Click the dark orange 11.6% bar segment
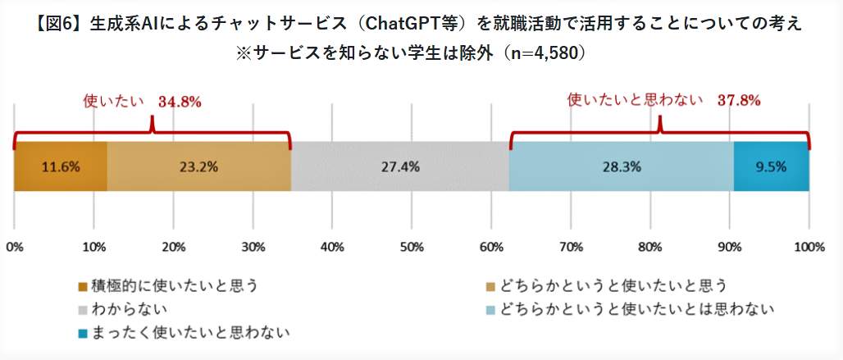(60, 166)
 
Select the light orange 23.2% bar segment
(199, 166)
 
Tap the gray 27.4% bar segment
(400, 166)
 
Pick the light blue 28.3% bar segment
(621, 166)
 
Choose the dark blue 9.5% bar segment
(771, 166)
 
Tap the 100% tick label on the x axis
(809, 247)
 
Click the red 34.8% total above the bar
(180, 102)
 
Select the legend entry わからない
(131, 309)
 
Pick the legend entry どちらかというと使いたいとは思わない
(639, 309)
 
